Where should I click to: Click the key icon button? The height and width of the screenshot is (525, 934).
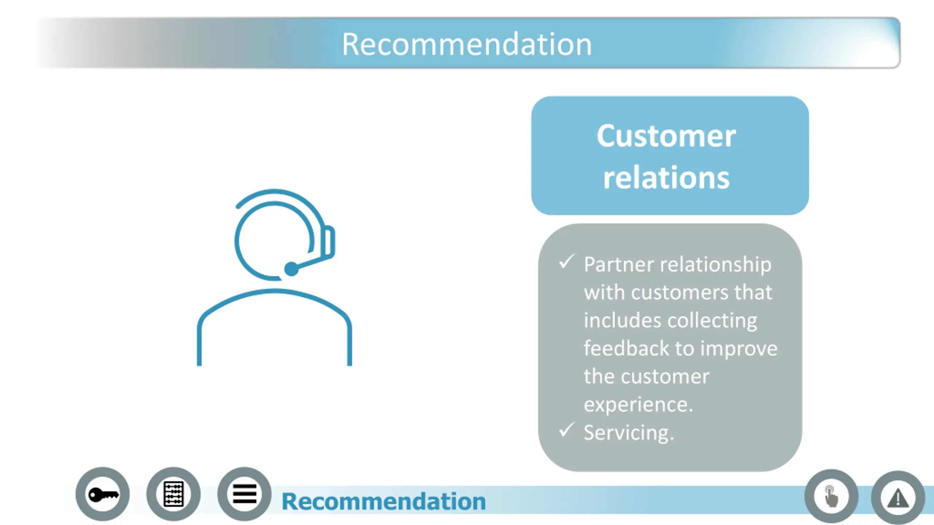click(x=103, y=494)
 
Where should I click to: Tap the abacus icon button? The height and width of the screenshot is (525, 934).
click(x=173, y=494)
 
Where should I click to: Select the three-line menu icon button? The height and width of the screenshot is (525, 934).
click(x=244, y=494)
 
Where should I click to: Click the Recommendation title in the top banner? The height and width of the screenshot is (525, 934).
click(x=467, y=44)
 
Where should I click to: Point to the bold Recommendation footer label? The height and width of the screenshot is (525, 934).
click(x=383, y=502)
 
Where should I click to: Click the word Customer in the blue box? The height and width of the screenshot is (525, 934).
click(x=666, y=136)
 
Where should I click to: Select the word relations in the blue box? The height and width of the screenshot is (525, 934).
click(x=666, y=178)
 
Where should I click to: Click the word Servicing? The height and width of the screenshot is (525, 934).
click(x=628, y=433)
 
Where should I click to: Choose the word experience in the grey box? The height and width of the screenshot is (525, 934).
click(x=637, y=405)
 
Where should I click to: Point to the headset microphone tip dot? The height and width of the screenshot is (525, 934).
click(x=291, y=269)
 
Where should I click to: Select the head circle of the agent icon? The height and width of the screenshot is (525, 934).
click(x=274, y=241)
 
